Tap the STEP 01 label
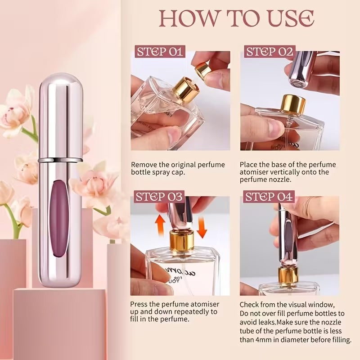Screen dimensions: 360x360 pyautogui.click(x=161, y=51)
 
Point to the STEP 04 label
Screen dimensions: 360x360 pyautogui.click(x=269, y=197)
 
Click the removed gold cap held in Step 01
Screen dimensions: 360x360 pyautogui.click(x=203, y=69)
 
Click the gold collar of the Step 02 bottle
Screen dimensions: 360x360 pyautogui.click(x=293, y=104)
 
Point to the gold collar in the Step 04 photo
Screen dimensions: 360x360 pyautogui.click(x=288, y=275)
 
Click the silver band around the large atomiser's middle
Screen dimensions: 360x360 pyautogui.click(x=60, y=159)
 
